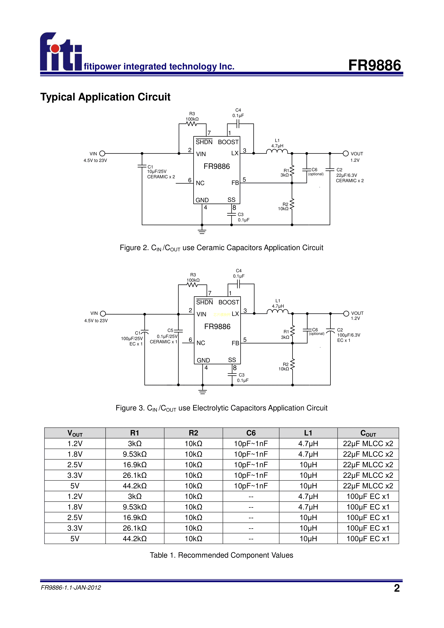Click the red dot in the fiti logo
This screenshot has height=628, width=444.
55,48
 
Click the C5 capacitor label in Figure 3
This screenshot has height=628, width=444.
170,330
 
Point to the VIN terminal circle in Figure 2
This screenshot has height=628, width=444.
102,153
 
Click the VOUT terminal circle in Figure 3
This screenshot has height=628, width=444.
346,313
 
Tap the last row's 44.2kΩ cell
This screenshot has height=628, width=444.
135,538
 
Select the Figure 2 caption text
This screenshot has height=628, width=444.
221,248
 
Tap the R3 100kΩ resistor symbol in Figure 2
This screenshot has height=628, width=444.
192,124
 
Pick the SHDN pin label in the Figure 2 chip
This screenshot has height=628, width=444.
204,142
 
